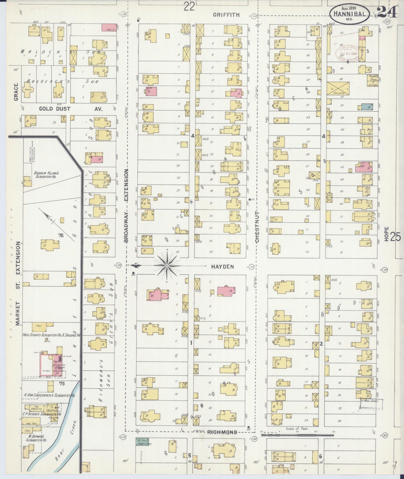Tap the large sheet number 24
pyautogui.click(x=387, y=12)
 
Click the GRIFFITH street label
pyautogui.click(x=226, y=15)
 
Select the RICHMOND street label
pyautogui.click(x=222, y=432)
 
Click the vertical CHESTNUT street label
pyautogui.click(x=257, y=227)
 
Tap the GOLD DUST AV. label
pyautogui.click(x=71, y=109)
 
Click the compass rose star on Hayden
pyautogui.click(x=167, y=265)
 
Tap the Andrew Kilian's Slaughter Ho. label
pyautogui.click(x=46, y=175)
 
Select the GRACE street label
pyautogui.click(x=16, y=92)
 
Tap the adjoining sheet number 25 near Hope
pyautogui.click(x=395, y=237)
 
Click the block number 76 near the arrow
pyautogui.click(x=60, y=236)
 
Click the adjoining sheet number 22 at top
pyautogui.click(x=189, y=6)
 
